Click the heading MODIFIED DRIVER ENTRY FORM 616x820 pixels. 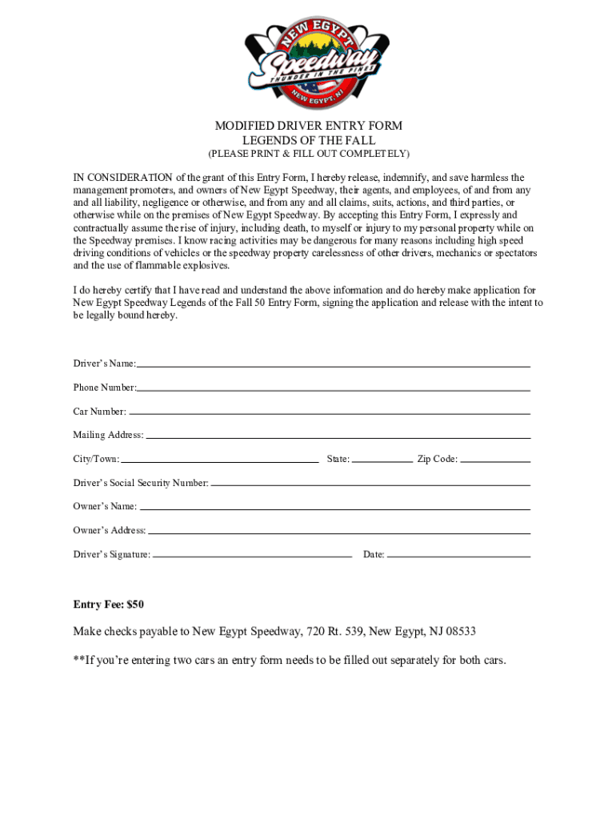tap(308, 126)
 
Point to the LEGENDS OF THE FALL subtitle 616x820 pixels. tap(308, 140)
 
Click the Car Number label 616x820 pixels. tap(99, 412)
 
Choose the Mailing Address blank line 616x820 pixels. tap(338, 437)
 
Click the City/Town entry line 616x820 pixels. tap(219, 461)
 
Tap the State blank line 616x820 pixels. tap(382, 461)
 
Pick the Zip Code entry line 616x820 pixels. tap(495, 461)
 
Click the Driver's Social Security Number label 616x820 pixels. tap(141, 483)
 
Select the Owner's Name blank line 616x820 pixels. tap(334, 508)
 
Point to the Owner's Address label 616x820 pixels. tap(110, 530)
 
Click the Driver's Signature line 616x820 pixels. tap(252, 555)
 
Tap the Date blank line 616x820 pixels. tap(458, 555)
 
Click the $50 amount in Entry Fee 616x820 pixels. tap(134, 604)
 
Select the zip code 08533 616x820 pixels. tap(458, 631)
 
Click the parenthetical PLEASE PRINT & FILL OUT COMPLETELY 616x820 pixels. tap(308, 154)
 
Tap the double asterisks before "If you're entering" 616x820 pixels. tap(78, 660)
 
